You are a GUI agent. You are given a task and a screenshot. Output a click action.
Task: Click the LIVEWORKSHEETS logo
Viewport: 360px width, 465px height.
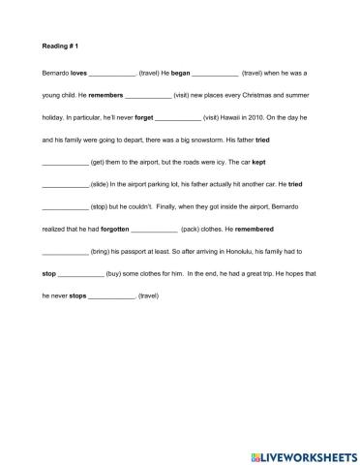[x=303, y=452]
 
